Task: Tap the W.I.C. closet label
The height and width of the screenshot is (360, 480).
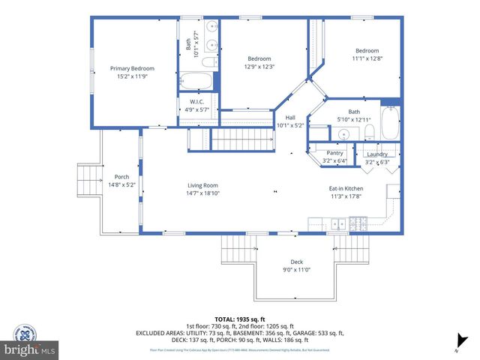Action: pyautogui.click(x=197, y=101)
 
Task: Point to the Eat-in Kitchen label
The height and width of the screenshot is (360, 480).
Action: pyautogui.click(x=346, y=188)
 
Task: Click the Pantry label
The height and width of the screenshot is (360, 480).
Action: pyautogui.click(x=334, y=153)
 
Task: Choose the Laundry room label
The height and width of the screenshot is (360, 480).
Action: pyautogui.click(x=377, y=154)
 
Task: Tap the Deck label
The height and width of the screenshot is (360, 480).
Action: pyautogui.click(x=297, y=262)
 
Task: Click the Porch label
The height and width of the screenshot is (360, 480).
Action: pyautogui.click(x=121, y=176)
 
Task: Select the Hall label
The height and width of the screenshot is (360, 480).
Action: pyautogui.click(x=289, y=118)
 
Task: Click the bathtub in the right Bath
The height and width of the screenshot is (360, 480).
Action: pyautogui.click(x=391, y=124)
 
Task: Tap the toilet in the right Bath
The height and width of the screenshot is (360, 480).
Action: pyautogui.click(x=370, y=133)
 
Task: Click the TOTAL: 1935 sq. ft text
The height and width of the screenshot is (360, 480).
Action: pyautogui.click(x=239, y=319)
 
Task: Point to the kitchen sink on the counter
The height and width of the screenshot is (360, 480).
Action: pyautogui.click(x=338, y=223)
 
